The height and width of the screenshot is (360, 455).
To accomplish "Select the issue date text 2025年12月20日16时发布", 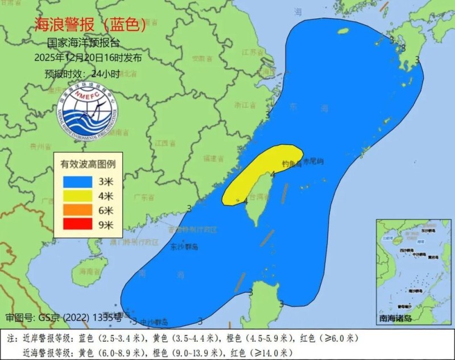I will [88, 57].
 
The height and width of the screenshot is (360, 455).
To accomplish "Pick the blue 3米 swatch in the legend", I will [83, 181].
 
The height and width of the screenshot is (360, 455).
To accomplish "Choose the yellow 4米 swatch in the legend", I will [83, 196].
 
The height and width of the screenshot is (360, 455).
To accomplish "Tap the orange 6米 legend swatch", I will [83, 210].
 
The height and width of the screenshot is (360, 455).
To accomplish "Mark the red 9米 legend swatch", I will [83, 225].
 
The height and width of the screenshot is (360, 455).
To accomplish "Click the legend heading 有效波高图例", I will [88, 164].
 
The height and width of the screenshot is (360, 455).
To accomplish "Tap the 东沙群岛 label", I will [184, 247].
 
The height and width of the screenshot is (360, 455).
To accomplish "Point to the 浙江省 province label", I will [245, 105].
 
